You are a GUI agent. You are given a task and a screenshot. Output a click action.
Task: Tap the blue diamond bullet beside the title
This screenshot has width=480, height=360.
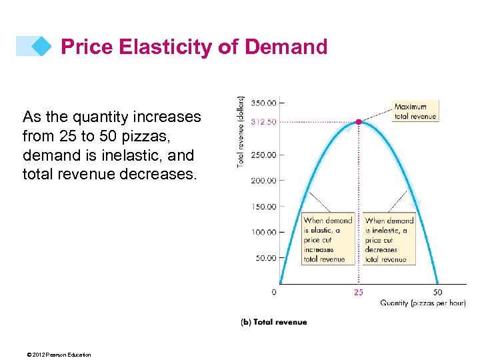tap(41, 47)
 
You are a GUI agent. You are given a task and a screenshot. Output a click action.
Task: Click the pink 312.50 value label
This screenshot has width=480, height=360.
tap(263, 122)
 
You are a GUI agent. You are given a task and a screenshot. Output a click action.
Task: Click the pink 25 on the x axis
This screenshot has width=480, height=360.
tap(359, 292)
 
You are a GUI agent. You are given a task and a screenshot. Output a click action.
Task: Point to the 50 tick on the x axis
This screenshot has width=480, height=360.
tap(437, 292)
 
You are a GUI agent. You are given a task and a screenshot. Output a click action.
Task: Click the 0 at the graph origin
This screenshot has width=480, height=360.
tap(275, 292)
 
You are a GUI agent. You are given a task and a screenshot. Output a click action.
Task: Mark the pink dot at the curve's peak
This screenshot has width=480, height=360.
tap(359, 122)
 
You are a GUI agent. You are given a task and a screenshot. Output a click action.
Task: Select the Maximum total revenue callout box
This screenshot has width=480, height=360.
tap(415, 111)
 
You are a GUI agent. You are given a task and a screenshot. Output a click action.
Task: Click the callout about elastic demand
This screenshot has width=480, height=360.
tap(327, 239)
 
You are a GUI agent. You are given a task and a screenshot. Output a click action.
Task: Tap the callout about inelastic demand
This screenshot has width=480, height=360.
tap(389, 239)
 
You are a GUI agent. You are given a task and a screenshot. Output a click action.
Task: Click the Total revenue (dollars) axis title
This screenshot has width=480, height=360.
tap(241, 131)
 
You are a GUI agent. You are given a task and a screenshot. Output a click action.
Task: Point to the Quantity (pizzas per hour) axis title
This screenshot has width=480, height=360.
tap(423, 303)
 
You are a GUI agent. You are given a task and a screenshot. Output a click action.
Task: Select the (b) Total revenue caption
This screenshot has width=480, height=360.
tap(273, 322)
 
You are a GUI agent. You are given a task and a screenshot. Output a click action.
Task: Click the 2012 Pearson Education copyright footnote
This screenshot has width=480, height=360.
tap(57, 355)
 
